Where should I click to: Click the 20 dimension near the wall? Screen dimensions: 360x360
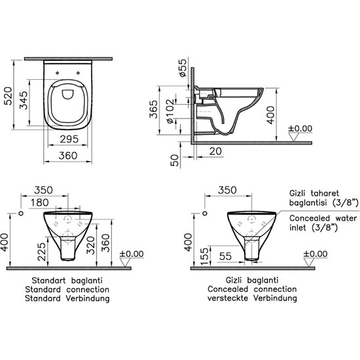pos(215,151)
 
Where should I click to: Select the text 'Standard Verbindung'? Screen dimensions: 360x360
pos(65,297)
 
